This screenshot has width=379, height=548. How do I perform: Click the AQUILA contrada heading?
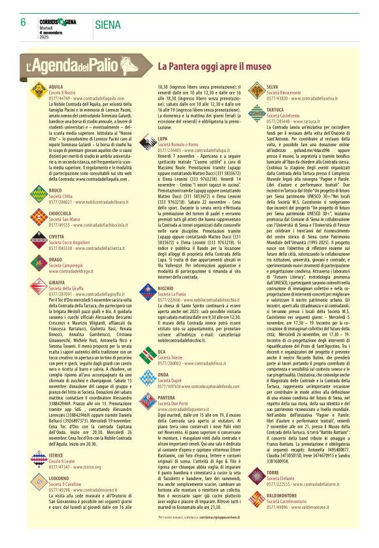click(x=56, y=86)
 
